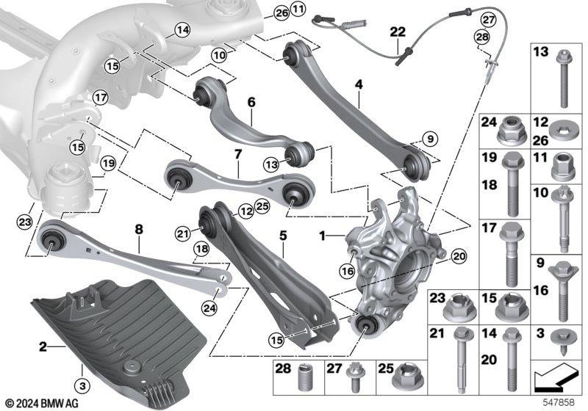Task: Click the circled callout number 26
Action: point(282,13)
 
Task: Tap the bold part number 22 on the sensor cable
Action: point(397,32)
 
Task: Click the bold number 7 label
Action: point(237,156)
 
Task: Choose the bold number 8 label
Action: point(138,229)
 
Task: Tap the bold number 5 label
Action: point(282,237)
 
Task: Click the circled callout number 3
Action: point(82,384)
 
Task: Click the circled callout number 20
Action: point(459,256)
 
